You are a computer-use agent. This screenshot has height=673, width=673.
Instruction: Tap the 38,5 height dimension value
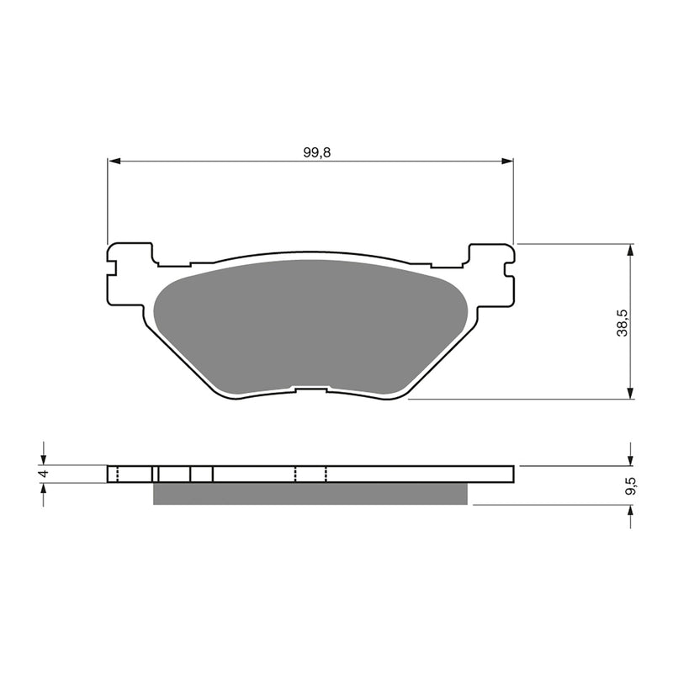[622, 321]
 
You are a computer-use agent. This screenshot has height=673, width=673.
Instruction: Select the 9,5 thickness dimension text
[622, 485]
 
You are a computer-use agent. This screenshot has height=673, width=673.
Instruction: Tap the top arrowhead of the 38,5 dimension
[630, 250]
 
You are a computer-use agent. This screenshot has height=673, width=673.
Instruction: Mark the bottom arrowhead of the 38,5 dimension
[630, 393]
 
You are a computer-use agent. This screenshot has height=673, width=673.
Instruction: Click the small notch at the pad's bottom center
[310, 389]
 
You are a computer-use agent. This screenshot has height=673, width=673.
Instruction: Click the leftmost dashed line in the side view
[118, 474]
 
